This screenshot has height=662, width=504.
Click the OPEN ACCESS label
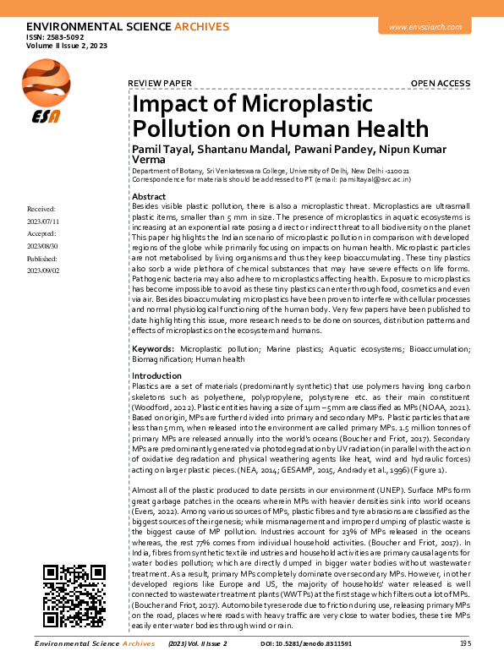pyautogui.click(x=440, y=83)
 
